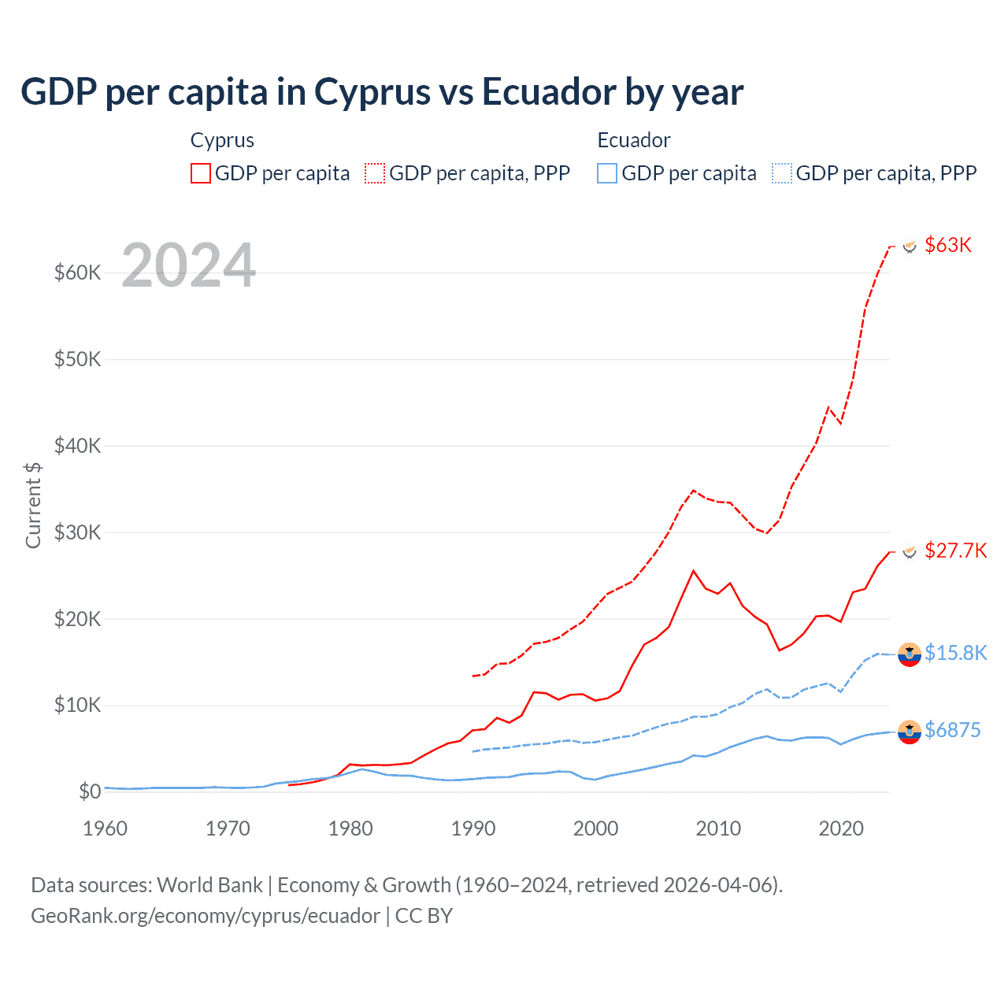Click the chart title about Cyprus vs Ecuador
(x=382, y=92)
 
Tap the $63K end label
(x=948, y=245)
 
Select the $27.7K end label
(x=955, y=550)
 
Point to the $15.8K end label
(x=955, y=653)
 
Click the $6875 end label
(x=952, y=730)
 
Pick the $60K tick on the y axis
(x=77, y=273)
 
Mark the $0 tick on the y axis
(x=90, y=791)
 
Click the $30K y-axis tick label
(x=77, y=532)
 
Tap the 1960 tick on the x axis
(x=105, y=828)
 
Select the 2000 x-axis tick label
(x=596, y=828)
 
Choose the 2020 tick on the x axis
(x=841, y=828)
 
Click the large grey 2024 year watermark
(x=189, y=265)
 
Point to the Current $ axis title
(x=33, y=505)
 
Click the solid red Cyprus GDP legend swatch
(x=201, y=173)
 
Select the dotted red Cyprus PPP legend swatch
(x=375, y=173)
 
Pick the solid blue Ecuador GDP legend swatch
(x=607, y=173)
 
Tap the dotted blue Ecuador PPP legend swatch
(x=782, y=173)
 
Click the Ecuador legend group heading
(x=633, y=140)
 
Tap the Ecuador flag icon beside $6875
(x=910, y=732)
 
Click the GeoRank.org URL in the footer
(x=206, y=916)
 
